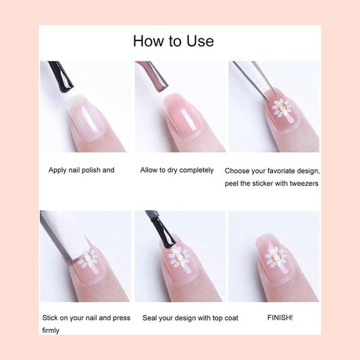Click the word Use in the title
coord(200,41)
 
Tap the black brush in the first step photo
coord(61,77)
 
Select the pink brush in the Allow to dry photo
coord(153,76)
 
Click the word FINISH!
coord(280,317)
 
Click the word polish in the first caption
coord(91,170)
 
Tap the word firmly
coord(51,330)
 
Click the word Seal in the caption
coord(149,318)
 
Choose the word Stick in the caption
coord(50,317)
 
